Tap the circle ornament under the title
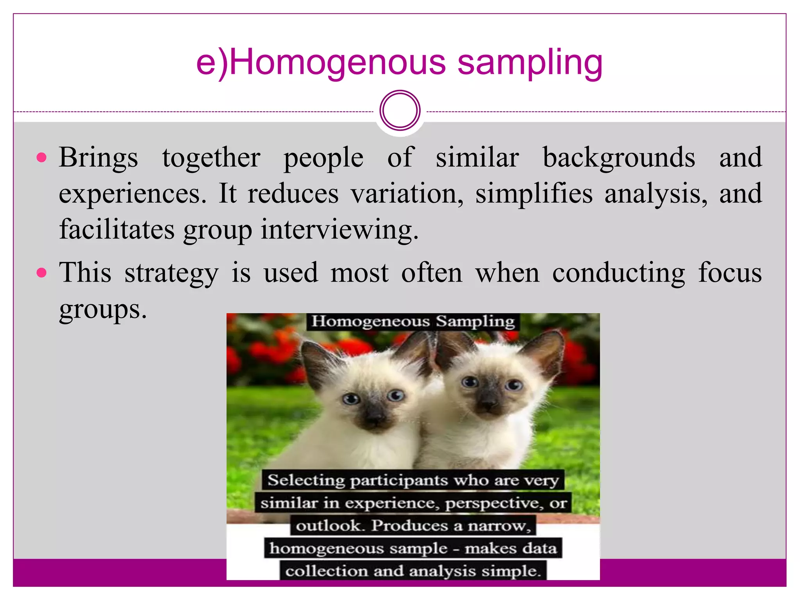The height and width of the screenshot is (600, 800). click(x=400, y=111)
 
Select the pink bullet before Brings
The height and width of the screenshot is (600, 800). click(x=41, y=158)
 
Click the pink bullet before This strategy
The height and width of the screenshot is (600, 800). click(x=41, y=272)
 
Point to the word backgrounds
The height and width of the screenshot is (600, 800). click(x=619, y=158)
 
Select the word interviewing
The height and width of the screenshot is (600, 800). click(x=339, y=230)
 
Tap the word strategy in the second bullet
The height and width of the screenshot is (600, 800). click(x=171, y=273)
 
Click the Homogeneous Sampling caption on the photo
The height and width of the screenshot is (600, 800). click(x=413, y=321)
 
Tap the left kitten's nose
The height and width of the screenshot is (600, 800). click(x=374, y=420)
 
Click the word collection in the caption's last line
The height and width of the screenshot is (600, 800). click(x=326, y=571)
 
